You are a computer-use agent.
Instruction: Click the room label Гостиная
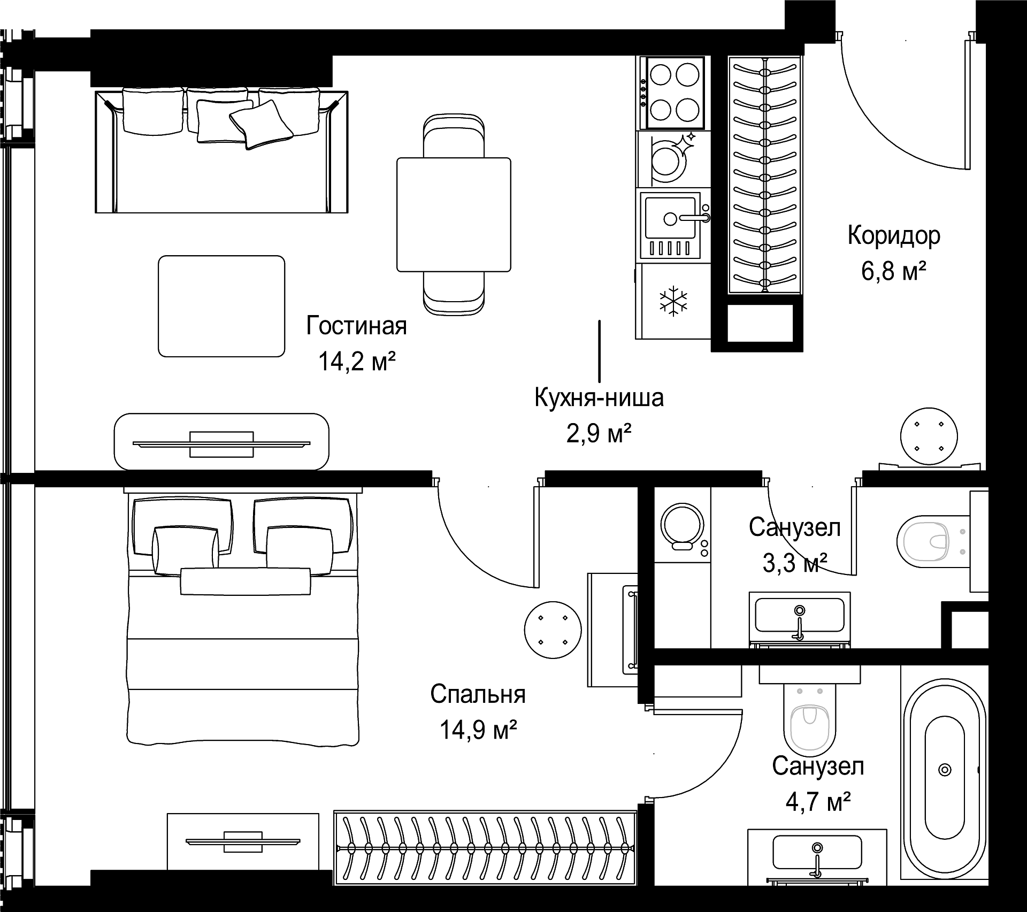356,326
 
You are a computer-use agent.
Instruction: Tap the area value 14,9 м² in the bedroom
478,730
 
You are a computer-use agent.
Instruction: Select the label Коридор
894,236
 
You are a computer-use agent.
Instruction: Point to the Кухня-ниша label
599,398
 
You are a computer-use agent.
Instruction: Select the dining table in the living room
454,214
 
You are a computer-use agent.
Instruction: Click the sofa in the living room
221,151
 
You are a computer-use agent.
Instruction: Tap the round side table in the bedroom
553,629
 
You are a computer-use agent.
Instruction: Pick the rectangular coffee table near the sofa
221,306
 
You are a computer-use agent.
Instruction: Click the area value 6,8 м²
894,271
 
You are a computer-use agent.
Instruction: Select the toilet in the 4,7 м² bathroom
810,717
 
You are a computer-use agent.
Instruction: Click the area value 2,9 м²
599,433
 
